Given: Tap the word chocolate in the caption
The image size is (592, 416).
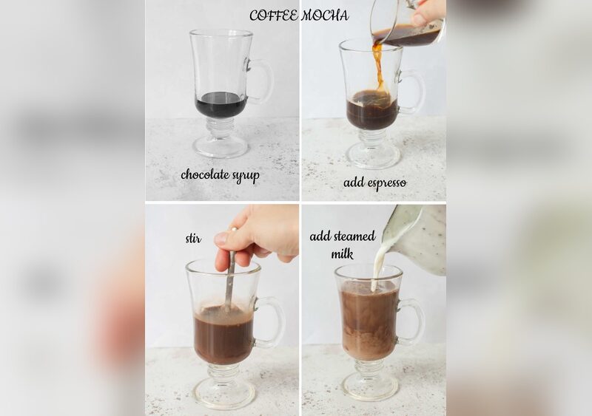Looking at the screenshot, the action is (205, 174).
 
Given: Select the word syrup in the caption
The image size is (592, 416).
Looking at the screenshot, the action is (246, 176).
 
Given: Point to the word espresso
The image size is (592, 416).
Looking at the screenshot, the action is (386, 183).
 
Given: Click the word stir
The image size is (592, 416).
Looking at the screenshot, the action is (193, 239).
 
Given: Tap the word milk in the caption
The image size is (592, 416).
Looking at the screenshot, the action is (342, 253).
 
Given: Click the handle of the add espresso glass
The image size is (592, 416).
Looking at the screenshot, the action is (414, 92).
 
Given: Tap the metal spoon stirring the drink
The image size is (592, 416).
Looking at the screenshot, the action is (230, 279).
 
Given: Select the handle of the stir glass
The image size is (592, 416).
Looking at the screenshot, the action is (273, 322).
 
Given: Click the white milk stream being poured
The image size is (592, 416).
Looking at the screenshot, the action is (377, 267).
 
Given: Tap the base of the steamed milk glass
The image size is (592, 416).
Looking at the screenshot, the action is (371, 386).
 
